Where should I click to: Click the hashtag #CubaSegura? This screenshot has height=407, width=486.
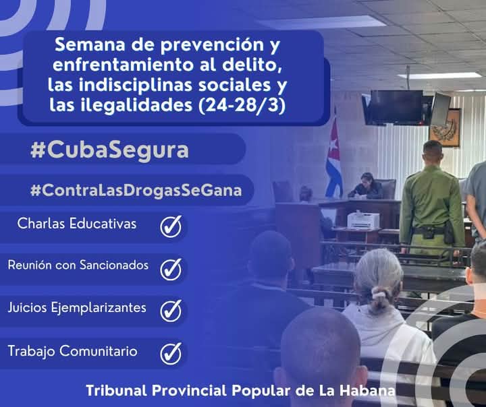click(x=109, y=150)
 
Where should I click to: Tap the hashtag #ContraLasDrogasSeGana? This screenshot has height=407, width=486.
click(x=136, y=190)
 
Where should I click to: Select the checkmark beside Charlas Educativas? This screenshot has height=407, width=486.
click(x=171, y=226)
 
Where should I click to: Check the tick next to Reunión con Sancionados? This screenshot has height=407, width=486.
click(x=171, y=268)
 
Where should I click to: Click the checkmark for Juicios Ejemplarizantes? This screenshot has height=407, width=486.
click(x=171, y=310)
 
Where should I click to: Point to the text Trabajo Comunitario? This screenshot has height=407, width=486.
click(x=72, y=351)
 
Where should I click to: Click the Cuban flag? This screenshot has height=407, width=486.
click(x=333, y=159)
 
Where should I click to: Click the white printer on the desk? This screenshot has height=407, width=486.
click(x=363, y=220)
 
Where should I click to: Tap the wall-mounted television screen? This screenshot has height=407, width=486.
click(x=396, y=106)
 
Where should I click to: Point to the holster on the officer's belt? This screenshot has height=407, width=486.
click(x=449, y=231)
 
